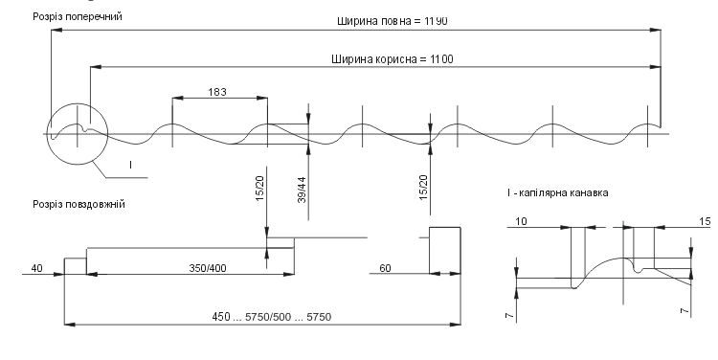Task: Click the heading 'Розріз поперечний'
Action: point(78,17)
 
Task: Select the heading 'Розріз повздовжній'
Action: point(79,204)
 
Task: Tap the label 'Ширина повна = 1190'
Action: point(393,21)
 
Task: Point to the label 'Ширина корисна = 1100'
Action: point(393,59)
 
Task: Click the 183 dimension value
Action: point(217,92)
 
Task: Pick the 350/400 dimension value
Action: point(208,268)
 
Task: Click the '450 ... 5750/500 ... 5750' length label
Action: point(272,317)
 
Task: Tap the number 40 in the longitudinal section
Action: point(36,268)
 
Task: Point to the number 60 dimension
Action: point(386,268)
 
